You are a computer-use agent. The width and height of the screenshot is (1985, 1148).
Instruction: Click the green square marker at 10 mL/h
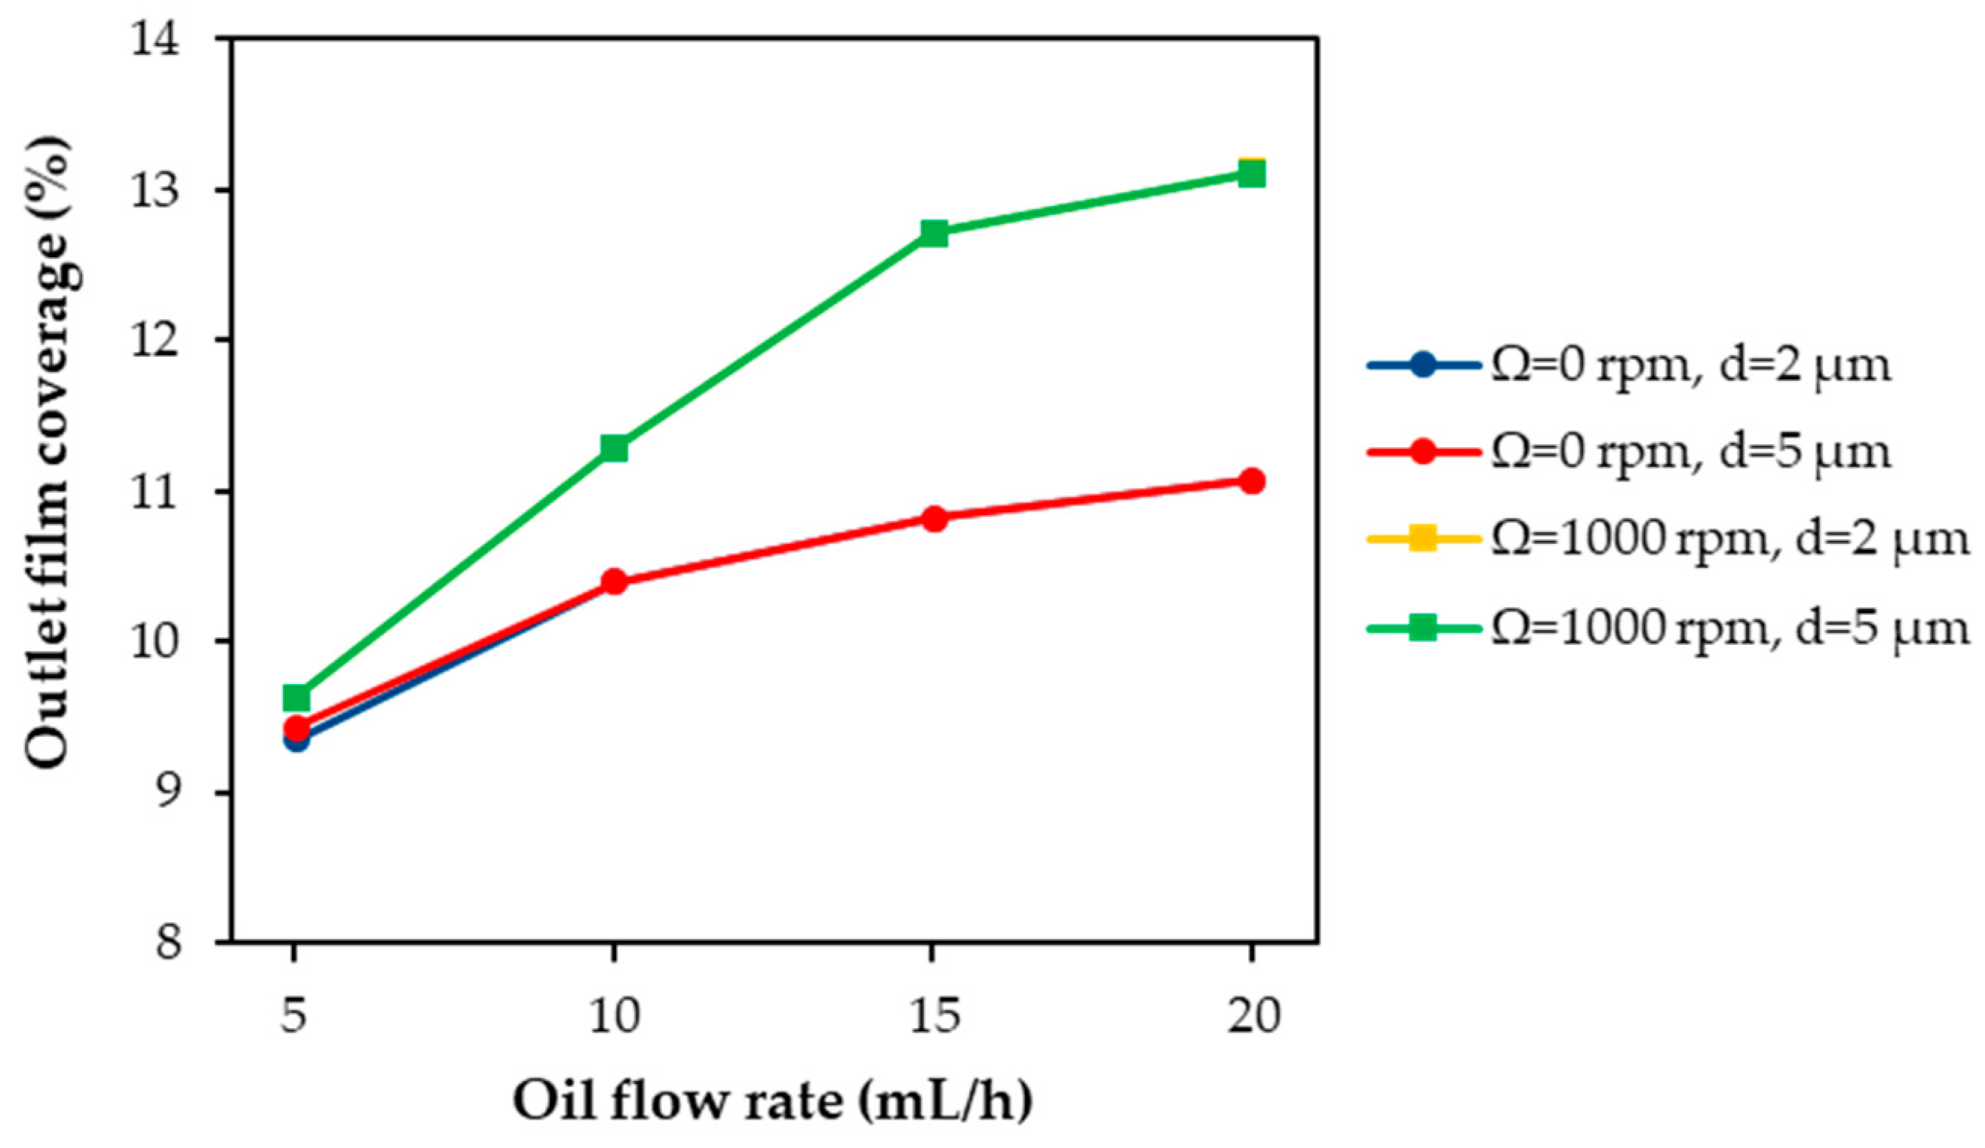pyautogui.click(x=614, y=448)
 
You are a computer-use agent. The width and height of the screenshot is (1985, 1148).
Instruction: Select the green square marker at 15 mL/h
pyautogui.click(x=934, y=233)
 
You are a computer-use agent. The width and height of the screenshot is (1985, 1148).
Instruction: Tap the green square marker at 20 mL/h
pyautogui.click(x=1251, y=174)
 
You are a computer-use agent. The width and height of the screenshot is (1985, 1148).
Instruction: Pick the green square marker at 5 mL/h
pyautogui.click(x=296, y=697)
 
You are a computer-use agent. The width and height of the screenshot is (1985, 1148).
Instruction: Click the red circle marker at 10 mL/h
pyautogui.click(x=614, y=582)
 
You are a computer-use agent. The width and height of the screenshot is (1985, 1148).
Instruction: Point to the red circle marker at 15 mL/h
pyautogui.click(x=934, y=517)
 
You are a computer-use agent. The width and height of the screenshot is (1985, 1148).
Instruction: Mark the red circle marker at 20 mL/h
pyautogui.click(x=1251, y=480)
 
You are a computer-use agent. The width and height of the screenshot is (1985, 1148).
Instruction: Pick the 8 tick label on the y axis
pyautogui.click(x=167, y=942)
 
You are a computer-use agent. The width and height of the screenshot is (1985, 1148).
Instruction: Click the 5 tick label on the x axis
pyautogui.click(x=293, y=1017)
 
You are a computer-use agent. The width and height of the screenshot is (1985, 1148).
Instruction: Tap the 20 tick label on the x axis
pyautogui.click(x=1253, y=1017)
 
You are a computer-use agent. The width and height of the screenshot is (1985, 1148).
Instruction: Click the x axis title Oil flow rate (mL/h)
pyautogui.click(x=772, y=1100)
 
